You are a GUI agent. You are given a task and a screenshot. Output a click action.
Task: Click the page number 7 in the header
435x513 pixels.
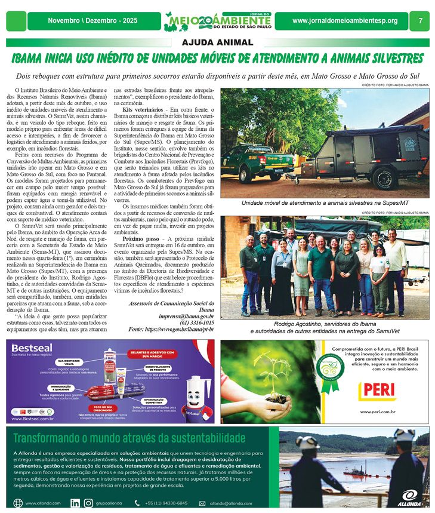[421, 21]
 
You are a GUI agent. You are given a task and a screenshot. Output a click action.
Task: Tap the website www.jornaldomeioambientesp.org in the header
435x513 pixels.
[345, 21]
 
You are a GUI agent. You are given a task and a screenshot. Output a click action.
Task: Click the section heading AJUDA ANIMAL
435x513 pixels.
[217, 42]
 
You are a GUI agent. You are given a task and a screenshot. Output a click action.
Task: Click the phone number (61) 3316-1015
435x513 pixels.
[196, 322]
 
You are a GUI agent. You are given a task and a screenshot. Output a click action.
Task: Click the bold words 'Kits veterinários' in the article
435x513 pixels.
[140, 111]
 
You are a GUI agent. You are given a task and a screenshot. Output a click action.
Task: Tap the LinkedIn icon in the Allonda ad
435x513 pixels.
[75, 503]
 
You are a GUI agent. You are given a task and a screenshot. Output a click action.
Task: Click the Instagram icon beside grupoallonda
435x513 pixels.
[88, 503]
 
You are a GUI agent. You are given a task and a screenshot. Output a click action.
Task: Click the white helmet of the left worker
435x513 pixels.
[308, 443]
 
